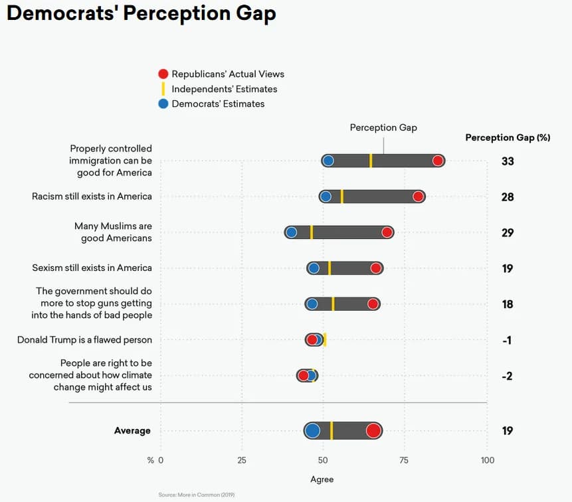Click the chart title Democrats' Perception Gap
tap(142, 13)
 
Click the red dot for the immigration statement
tap(437, 161)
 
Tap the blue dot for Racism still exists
tap(326, 197)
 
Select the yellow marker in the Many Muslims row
tap(311, 232)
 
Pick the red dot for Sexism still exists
tap(376, 268)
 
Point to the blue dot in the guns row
tap(312, 304)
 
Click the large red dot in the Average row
tap(373, 431)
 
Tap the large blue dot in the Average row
tap(312, 431)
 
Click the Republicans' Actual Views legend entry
tap(227, 74)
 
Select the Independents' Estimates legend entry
tap(224, 89)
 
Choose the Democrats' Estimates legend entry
tap(218, 104)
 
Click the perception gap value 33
tap(508, 161)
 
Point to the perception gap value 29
tap(508, 233)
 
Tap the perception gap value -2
tap(508, 376)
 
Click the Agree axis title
tap(322, 479)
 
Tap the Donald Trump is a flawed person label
tap(84, 340)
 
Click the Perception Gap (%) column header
tap(508, 137)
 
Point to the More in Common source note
tap(197, 495)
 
